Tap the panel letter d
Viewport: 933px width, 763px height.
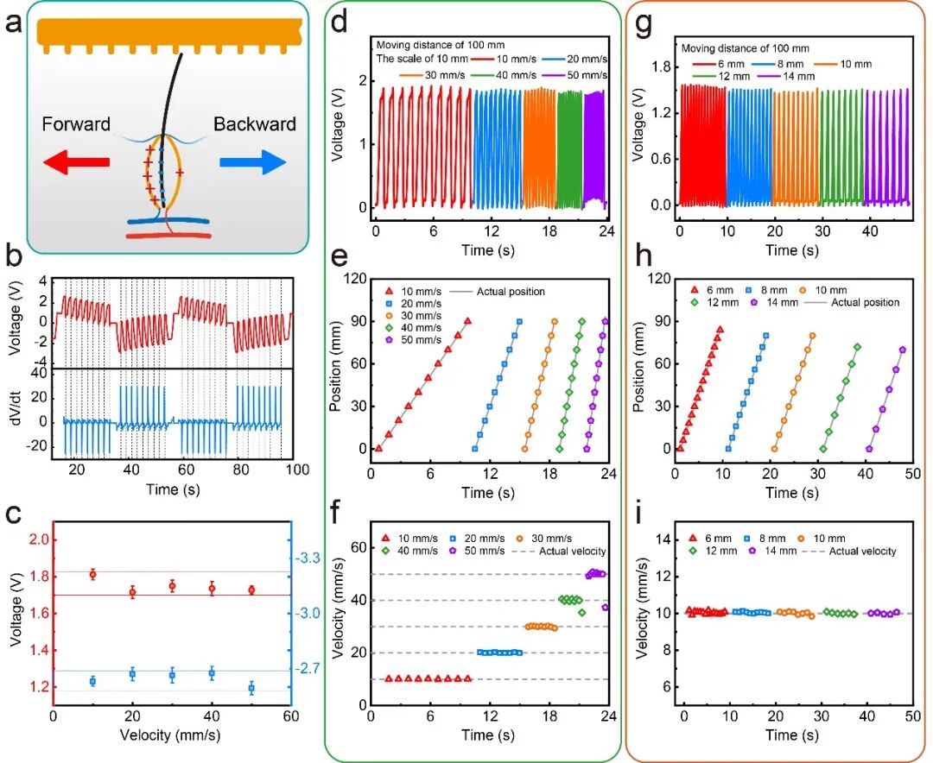click(340, 23)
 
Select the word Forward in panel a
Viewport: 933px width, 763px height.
click(76, 124)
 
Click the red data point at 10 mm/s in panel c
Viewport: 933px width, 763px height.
click(92, 574)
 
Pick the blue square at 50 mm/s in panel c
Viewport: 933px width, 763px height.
click(251, 688)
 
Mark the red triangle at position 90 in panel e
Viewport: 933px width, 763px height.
click(467, 321)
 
